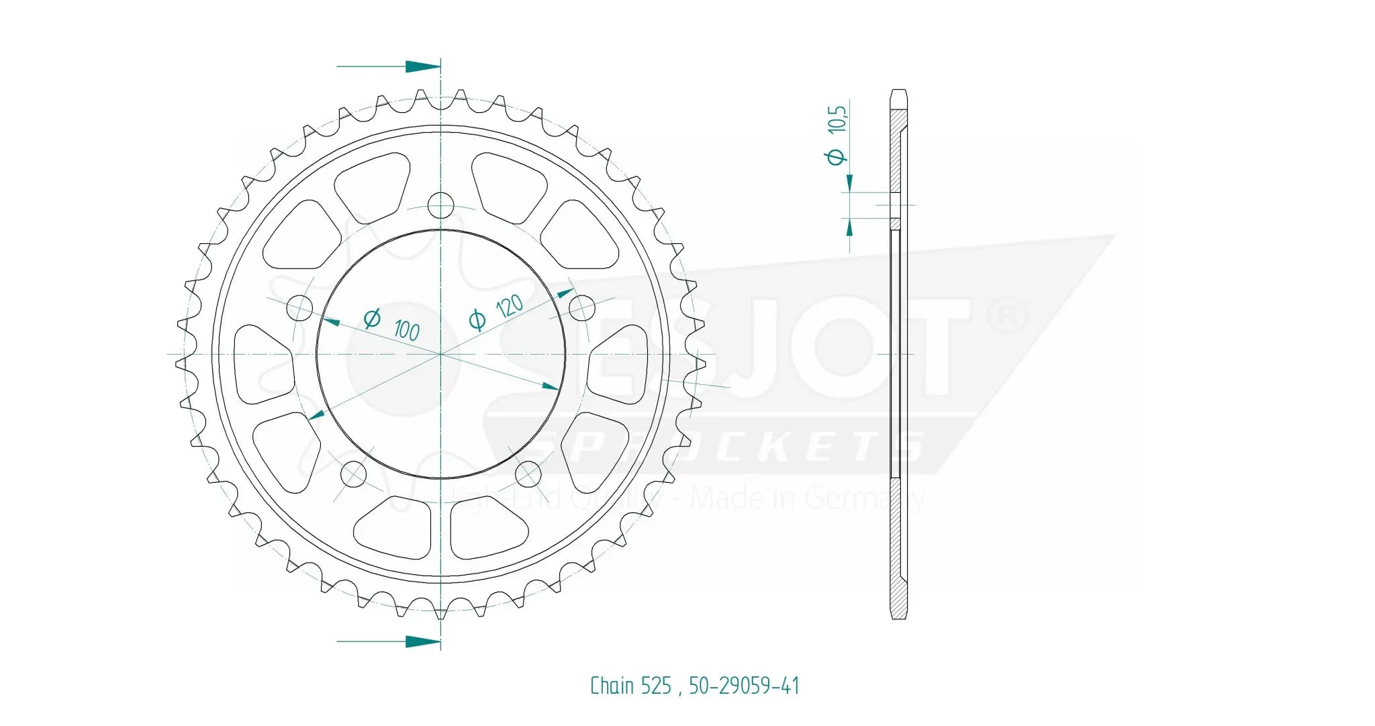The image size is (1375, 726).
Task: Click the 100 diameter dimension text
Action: [406, 330]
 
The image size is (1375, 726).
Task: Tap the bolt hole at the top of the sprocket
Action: [440, 206]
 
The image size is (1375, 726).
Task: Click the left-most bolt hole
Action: [299, 309]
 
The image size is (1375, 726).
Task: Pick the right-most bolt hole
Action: [582, 309]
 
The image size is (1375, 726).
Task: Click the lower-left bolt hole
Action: [353, 474]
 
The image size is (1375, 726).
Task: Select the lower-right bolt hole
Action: [528, 474]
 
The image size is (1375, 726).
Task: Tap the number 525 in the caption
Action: [656, 686]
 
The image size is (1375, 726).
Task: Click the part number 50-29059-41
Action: [744, 686]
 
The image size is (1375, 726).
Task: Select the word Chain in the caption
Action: [612, 686]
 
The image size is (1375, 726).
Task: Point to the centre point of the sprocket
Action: [441, 353]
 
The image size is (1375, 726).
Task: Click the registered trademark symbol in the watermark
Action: [1008, 316]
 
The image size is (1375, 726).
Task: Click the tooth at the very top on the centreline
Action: [441, 99]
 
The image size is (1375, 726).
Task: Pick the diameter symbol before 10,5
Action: [836, 157]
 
